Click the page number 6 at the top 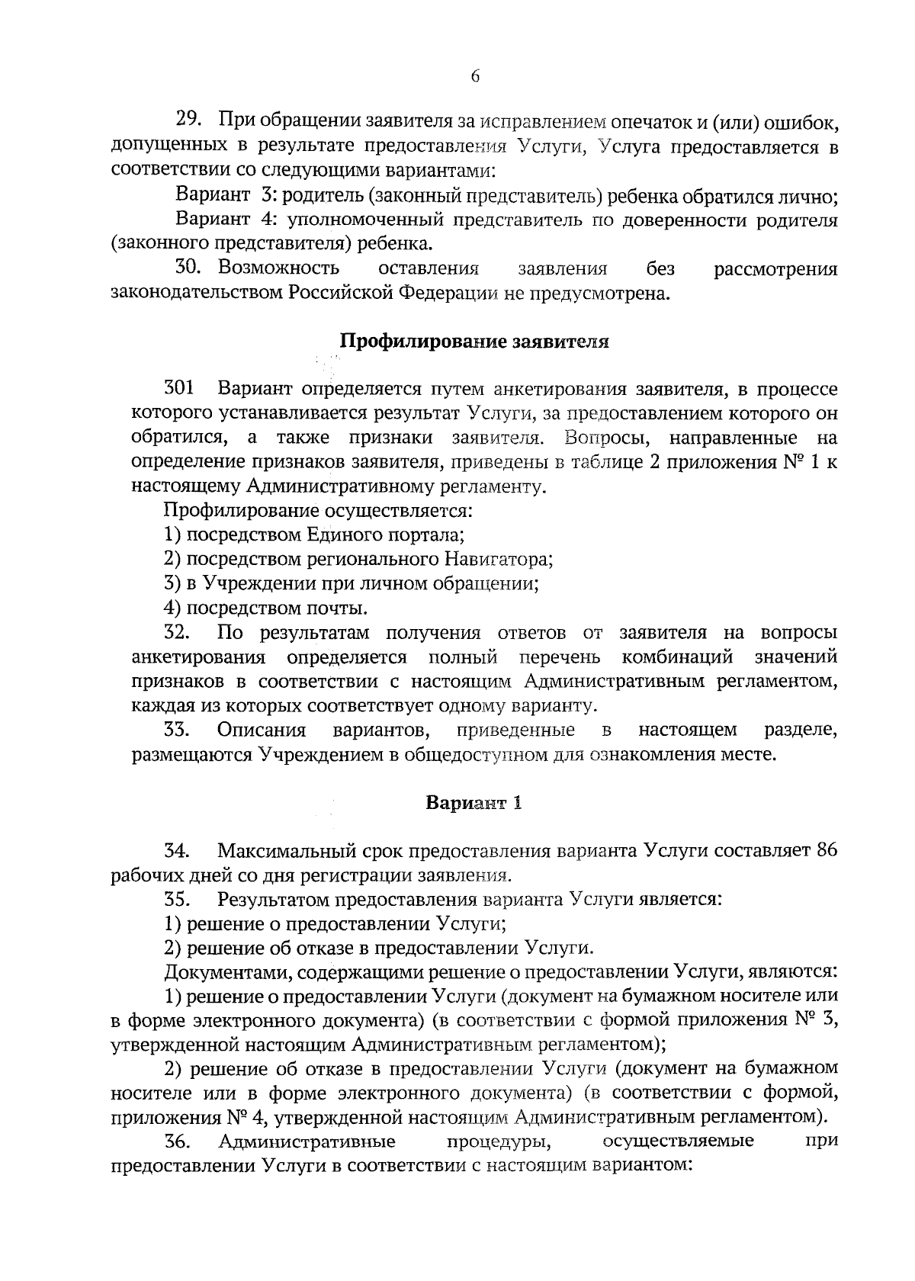pyautogui.click(x=474, y=76)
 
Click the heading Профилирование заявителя pyautogui.click(x=474, y=341)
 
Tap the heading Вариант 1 pyautogui.click(x=474, y=803)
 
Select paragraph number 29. pyautogui.click(x=188, y=120)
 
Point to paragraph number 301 pyautogui.click(x=178, y=389)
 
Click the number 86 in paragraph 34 pyautogui.click(x=827, y=851)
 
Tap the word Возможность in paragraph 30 pyautogui.click(x=279, y=268)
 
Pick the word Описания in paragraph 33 pyautogui.click(x=262, y=730)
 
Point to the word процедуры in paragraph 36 pyautogui.click(x=499, y=1141)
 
